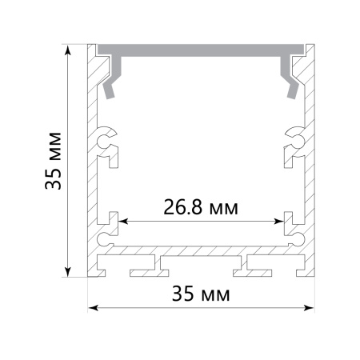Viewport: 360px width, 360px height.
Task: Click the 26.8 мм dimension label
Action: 201,207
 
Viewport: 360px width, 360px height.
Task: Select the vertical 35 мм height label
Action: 53,161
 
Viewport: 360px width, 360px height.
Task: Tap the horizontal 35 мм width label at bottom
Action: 201,294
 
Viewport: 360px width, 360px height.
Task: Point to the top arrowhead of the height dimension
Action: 68,50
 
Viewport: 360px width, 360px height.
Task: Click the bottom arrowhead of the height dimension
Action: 68,272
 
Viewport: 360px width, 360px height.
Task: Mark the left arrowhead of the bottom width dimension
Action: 94,308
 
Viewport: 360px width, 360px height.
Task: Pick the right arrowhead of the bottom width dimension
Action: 309,308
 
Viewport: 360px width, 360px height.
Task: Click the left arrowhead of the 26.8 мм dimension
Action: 123,221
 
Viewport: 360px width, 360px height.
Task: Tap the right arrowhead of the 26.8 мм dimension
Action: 279,221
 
